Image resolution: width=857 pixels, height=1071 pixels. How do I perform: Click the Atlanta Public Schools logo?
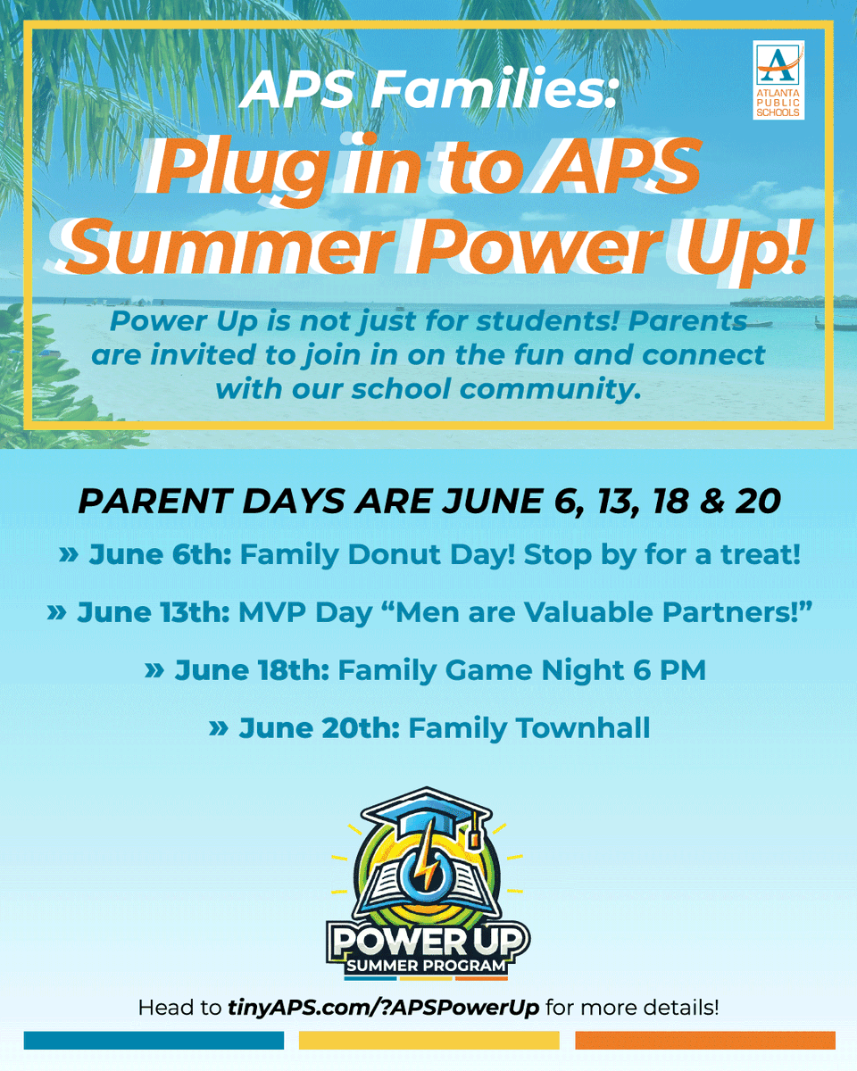(778, 79)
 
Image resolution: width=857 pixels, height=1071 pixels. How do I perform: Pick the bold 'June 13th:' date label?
(154, 613)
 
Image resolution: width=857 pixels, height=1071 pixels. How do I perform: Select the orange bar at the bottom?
(705, 1041)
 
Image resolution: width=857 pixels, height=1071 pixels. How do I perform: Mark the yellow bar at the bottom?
(428, 1041)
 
